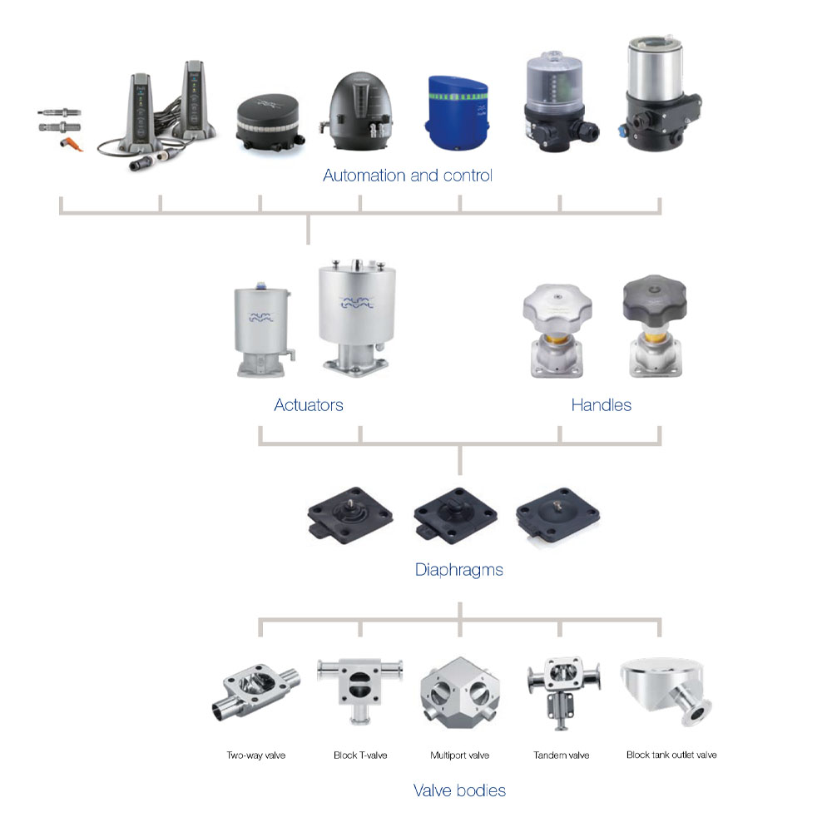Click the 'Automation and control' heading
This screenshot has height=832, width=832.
408,176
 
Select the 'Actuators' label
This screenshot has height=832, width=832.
309,405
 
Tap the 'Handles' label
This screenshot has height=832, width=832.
601,405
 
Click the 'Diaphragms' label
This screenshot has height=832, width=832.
458,570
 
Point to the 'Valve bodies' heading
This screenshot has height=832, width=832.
459,790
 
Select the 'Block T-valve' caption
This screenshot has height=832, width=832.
359,755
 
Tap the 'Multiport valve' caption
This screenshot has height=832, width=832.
459,755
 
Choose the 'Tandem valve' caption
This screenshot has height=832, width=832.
561,755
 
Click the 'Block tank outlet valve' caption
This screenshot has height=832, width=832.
671,755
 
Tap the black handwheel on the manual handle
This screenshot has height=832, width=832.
659,299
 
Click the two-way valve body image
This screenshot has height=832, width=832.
251,691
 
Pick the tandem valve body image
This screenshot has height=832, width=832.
559,686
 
